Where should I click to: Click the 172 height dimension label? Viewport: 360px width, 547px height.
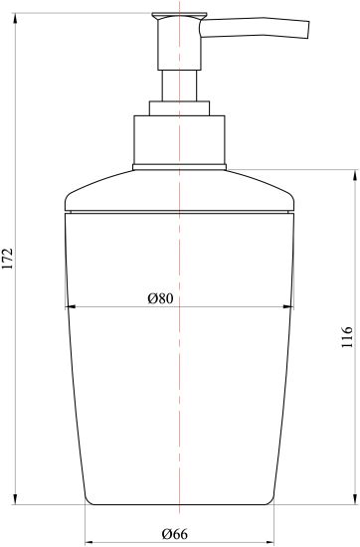click(8, 259)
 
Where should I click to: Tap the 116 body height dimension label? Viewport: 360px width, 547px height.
click(347, 337)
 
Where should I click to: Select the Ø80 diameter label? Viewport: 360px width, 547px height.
click(160, 298)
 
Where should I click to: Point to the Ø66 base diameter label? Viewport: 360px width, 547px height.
click(175, 534)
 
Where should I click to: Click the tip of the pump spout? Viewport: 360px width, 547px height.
click(308, 31)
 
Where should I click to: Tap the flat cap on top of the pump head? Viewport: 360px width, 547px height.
click(179, 16)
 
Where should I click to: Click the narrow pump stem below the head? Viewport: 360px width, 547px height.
click(179, 86)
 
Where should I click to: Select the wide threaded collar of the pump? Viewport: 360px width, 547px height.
click(179, 139)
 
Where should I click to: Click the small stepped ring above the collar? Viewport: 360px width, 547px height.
click(179, 108)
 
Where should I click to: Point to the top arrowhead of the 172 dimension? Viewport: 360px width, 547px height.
click(15, 18)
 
